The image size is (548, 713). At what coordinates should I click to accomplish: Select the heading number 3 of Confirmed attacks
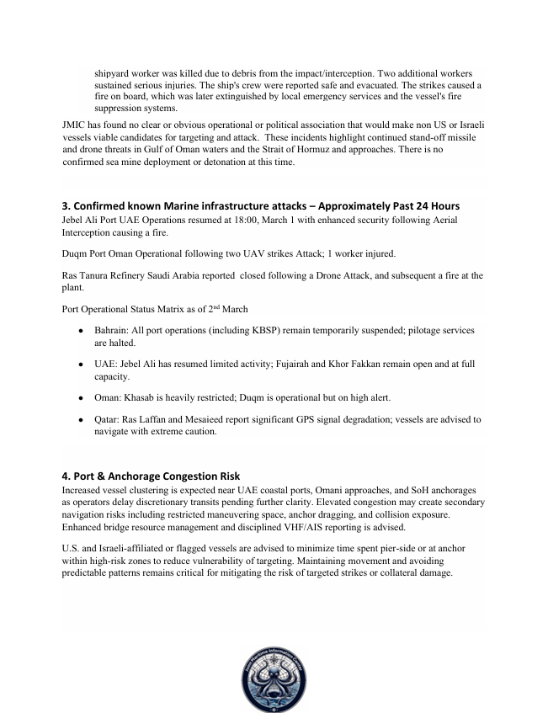tap(67, 206)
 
